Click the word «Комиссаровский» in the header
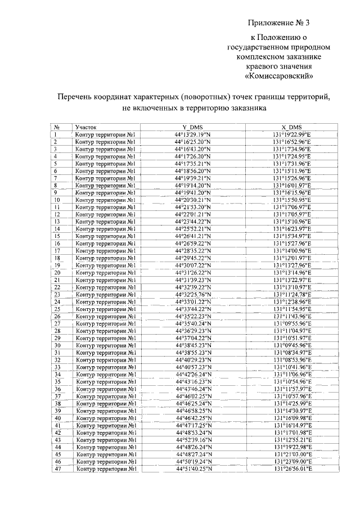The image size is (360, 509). (x=279, y=75)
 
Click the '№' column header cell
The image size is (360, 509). (x=57, y=128)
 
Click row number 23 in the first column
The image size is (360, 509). (x=57, y=294)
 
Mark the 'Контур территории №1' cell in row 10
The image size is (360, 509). (x=107, y=200)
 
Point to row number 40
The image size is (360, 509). (x=57, y=418)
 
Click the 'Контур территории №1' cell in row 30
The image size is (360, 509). (x=107, y=345)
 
